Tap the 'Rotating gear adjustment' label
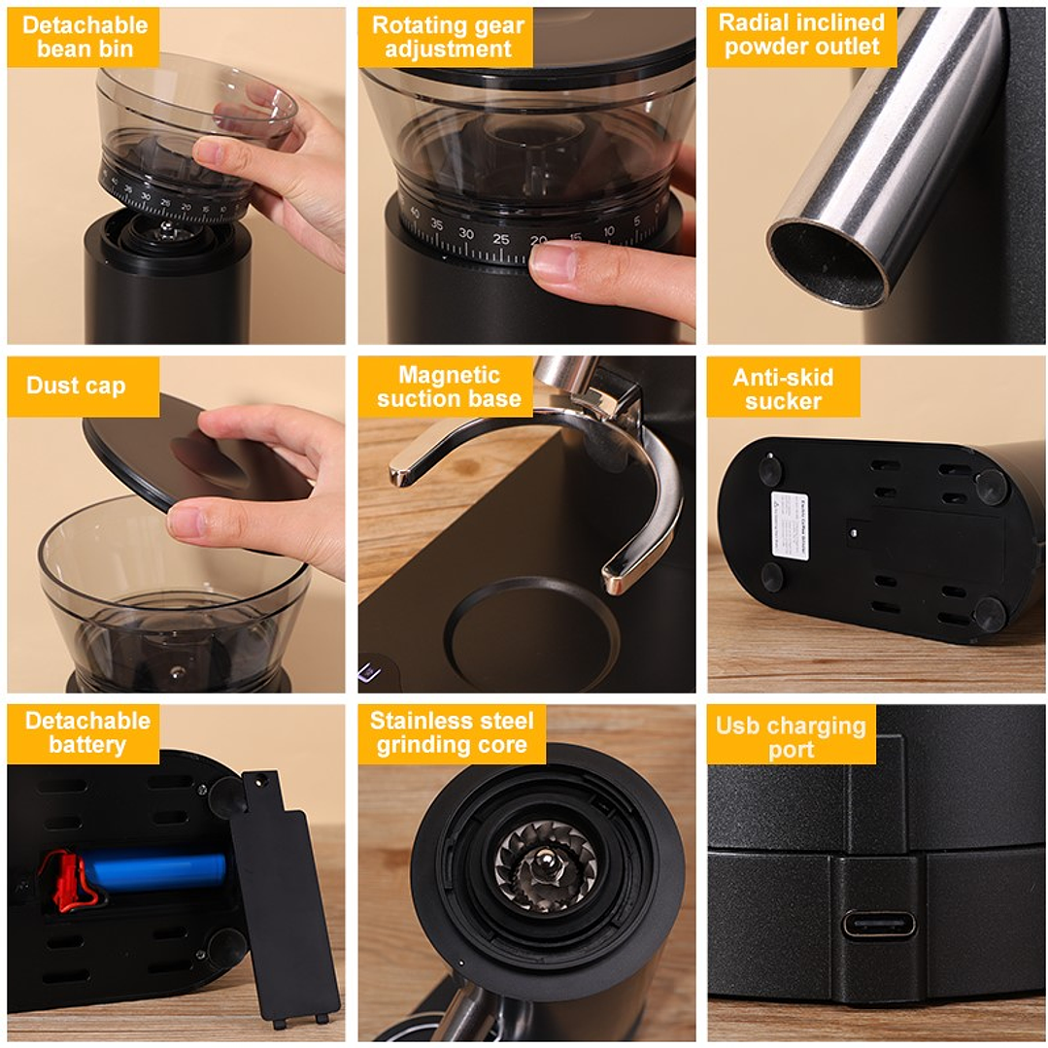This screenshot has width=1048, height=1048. [447, 37]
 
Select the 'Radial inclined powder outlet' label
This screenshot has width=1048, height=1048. [801, 36]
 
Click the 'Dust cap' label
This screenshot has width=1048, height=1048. [76, 386]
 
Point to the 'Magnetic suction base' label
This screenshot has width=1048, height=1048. [448, 387]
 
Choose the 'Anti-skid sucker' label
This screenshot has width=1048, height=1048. [783, 389]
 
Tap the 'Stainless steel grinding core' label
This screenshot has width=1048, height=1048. [452, 733]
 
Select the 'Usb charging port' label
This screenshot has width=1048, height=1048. [791, 736]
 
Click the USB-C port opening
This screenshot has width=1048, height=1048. [878, 924]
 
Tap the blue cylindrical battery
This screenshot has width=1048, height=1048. [155, 870]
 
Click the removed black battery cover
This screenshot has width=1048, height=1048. [284, 898]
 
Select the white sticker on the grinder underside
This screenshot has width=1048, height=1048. [790, 525]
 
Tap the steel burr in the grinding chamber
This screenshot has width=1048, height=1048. [544, 864]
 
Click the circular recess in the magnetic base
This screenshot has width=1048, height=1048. [532, 635]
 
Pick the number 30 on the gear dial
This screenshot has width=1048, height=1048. [466, 234]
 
